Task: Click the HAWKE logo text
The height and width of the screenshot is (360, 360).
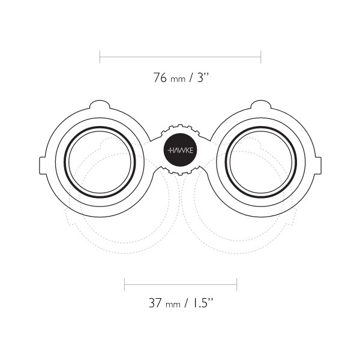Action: pyautogui.click(x=181, y=151)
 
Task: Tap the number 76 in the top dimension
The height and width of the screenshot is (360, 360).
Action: pyautogui.click(x=160, y=77)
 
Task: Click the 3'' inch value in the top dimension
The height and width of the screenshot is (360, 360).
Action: pyautogui.click(x=203, y=77)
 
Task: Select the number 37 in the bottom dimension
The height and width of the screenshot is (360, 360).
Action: pyautogui.click(x=155, y=303)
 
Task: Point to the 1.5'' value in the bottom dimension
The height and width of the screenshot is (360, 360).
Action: pyautogui.click(x=202, y=303)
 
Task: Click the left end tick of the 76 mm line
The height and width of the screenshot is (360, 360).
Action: pyautogui.click(x=100, y=57)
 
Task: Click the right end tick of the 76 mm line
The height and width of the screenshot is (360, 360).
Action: pyautogui.click(x=261, y=57)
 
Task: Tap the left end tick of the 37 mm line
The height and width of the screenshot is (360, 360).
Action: pyautogui.click(x=124, y=284)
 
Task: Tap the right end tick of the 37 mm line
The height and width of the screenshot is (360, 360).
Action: pyautogui.click(x=237, y=284)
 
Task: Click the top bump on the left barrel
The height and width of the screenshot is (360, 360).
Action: pyautogui.click(x=100, y=104)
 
